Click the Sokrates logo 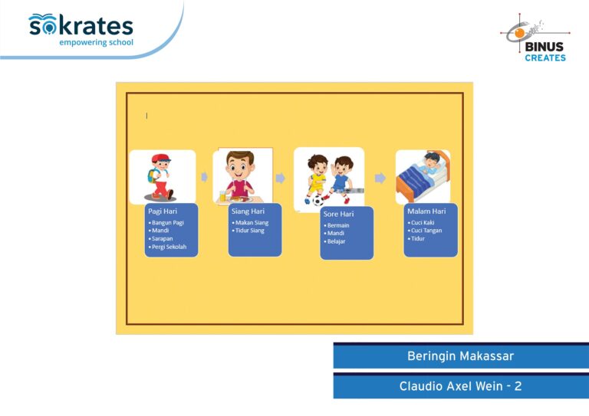(81, 30)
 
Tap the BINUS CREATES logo (535, 38)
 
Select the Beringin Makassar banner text (460, 355)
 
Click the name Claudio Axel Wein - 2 (460, 386)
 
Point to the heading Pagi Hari (163, 211)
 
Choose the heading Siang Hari (248, 211)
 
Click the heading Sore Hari (338, 214)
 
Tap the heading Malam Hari (426, 211)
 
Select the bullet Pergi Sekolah (167, 247)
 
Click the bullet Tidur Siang (248, 231)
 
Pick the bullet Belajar (334, 241)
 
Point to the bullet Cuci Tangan (425, 231)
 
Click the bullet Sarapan (161, 238)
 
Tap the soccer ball (318, 201)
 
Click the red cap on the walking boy (161, 158)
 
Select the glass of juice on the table (222, 196)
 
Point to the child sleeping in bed (433, 162)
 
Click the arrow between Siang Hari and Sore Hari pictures (280, 178)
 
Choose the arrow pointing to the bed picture (380, 178)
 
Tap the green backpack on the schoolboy (152, 175)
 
